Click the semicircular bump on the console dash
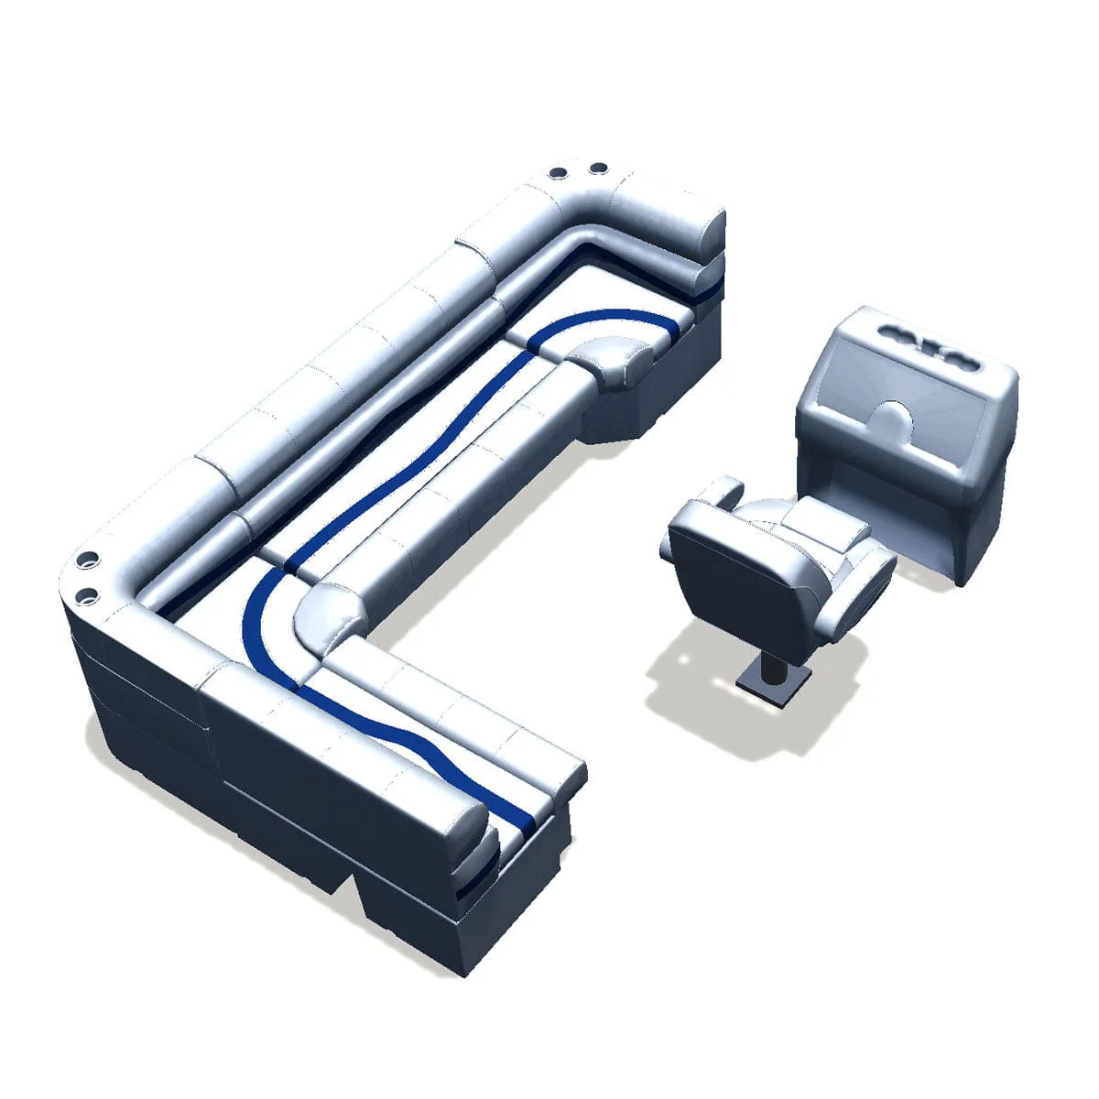coord(891,419)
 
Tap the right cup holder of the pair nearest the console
coord(597,169)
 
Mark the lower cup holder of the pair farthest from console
coord(89,596)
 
